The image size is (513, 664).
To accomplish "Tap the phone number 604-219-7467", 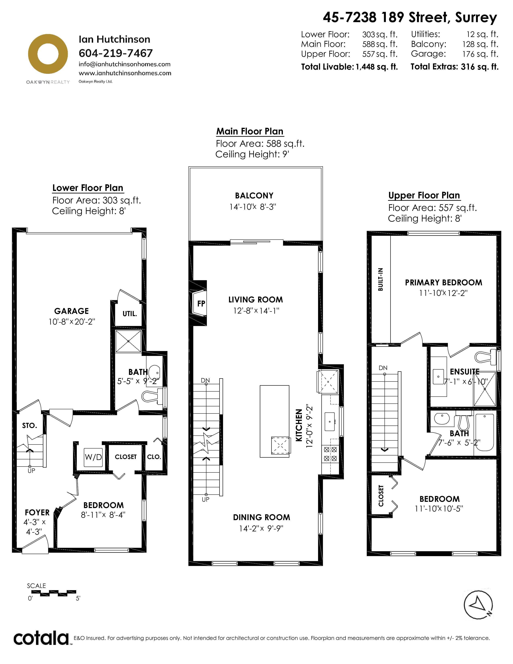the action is (115, 53).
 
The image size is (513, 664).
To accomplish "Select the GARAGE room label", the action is (71, 311).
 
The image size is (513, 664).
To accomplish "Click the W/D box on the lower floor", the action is (93, 457).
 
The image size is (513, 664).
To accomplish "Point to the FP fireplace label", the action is (201, 303).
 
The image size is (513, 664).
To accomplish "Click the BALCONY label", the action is (254, 196).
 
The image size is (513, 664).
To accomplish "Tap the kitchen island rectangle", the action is (274, 421).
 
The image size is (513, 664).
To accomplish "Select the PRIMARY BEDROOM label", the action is (443, 283).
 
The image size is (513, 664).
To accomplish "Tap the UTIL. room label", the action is (130, 314).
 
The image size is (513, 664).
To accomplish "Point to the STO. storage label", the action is (30, 426).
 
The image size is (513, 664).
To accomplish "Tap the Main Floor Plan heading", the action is (250, 131).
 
